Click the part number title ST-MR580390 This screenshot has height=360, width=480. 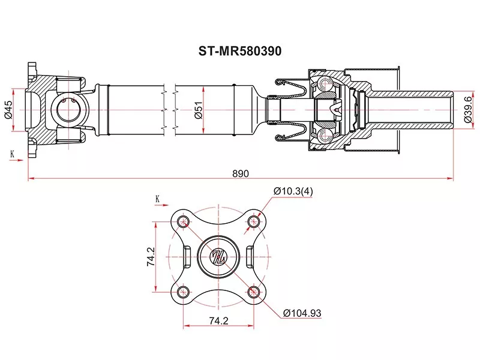coord(240,52)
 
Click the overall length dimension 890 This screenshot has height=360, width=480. coord(240,173)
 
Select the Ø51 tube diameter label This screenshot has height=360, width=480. coord(198,109)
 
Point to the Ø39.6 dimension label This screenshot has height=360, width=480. coord(470,109)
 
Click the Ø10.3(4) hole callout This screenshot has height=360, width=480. coord(293,191)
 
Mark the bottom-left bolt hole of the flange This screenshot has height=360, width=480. coord(184,292)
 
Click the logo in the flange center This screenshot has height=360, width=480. coord(218,257)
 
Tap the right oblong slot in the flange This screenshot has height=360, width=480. coord(251,257)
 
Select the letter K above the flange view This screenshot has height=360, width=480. coord(157,198)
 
